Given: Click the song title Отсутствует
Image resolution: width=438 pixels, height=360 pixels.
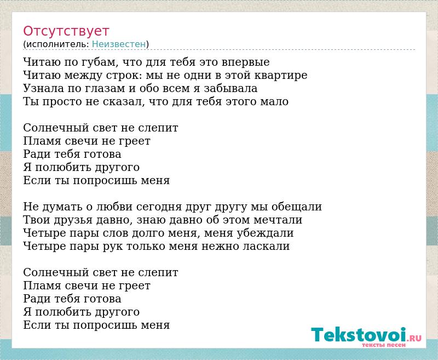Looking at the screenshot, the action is click(x=66, y=31).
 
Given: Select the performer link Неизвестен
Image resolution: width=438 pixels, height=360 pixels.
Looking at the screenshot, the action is click(x=119, y=44).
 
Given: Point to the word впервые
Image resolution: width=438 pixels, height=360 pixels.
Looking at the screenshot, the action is click(x=246, y=62).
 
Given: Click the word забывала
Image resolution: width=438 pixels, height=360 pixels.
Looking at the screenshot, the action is click(x=230, y=88).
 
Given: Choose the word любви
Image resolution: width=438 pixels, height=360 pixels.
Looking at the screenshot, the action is click(x=114, y=206).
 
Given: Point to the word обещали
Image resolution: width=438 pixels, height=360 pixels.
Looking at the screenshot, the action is click(x=297, y=207).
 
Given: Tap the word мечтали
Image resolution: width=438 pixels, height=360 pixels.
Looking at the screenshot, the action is click(x=278, y=220).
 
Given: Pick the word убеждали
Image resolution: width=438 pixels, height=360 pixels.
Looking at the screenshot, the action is click(x=265, y=233).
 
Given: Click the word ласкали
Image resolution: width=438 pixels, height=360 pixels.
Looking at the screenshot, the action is click(x=266, y=246).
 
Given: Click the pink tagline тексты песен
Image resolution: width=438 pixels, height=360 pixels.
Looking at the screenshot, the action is click(x=384, y=345).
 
